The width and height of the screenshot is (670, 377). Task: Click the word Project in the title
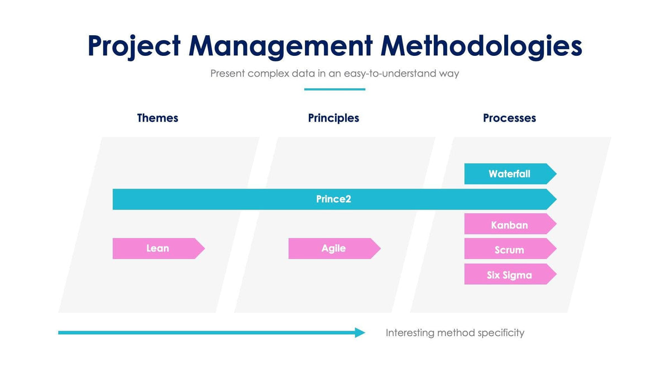coord(134,46)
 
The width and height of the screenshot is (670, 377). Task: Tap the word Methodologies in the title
coord(481,46)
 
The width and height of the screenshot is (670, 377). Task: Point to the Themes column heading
coord(157,118)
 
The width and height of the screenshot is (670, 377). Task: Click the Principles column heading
coord(333,118)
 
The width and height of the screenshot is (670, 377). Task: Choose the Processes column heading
coord(509,118)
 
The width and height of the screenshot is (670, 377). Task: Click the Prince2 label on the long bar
coord(333,199)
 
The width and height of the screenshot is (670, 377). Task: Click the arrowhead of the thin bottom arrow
coord(360,333)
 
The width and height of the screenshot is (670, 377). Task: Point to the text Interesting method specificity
coord(455,333)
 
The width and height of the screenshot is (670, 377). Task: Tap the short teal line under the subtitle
coord(334,89)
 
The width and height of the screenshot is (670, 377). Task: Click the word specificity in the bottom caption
coord(501,333)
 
